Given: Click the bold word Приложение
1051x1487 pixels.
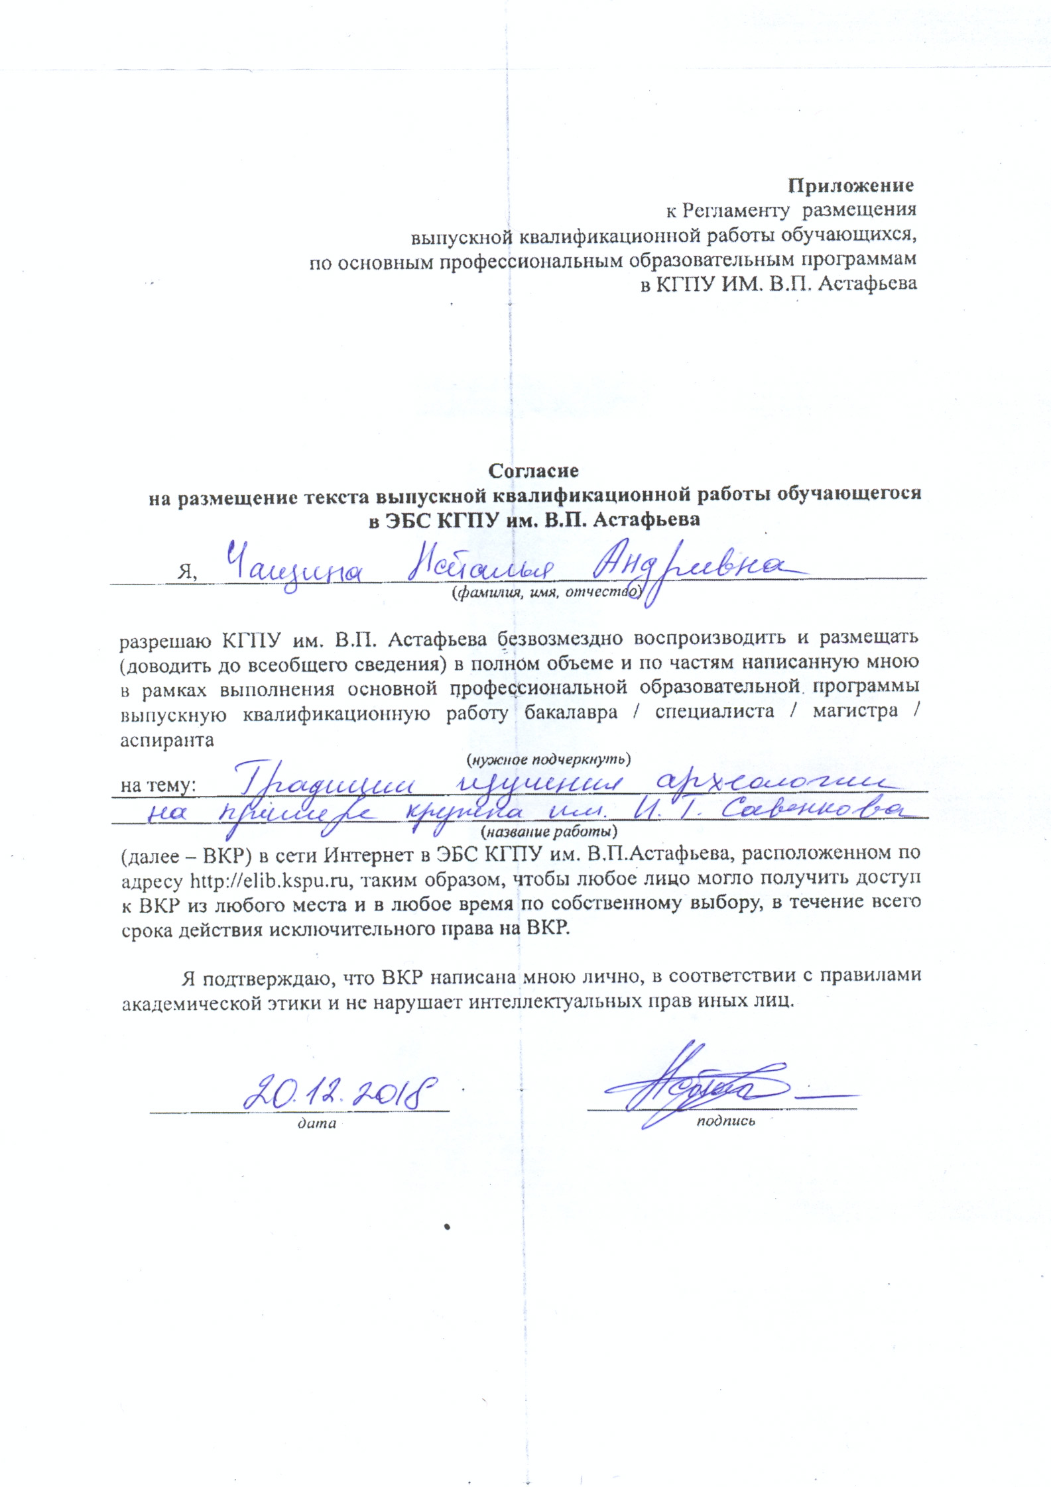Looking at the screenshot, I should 851,185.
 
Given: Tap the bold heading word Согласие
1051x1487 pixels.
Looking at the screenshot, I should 533,470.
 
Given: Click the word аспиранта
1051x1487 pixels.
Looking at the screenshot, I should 167,740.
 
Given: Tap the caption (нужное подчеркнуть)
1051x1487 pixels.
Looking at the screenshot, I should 548,757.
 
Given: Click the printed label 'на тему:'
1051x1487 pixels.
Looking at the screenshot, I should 158,787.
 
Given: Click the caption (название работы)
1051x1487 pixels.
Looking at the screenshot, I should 548,830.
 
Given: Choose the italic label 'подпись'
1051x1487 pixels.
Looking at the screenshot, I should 725,1122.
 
